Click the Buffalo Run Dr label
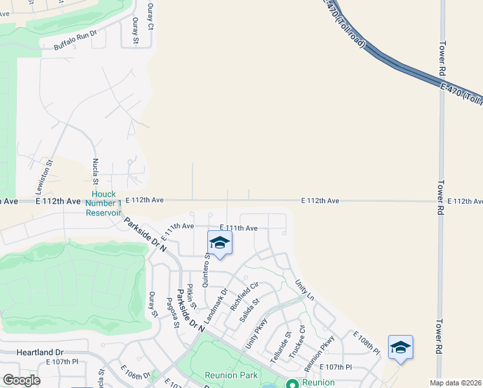tap(75, 39)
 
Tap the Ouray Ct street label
tap(150, 17)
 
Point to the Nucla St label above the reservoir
tap(95, 172)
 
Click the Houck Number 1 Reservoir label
tap(103, 203)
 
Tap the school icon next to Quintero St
tap(220, 243)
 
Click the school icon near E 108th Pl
tap(400, 347)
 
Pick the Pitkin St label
tap(191, 295)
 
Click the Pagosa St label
tap(172, 312)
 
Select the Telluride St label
tap(277, 345)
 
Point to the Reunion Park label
tap(231, 375)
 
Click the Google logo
tap(21, 380)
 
